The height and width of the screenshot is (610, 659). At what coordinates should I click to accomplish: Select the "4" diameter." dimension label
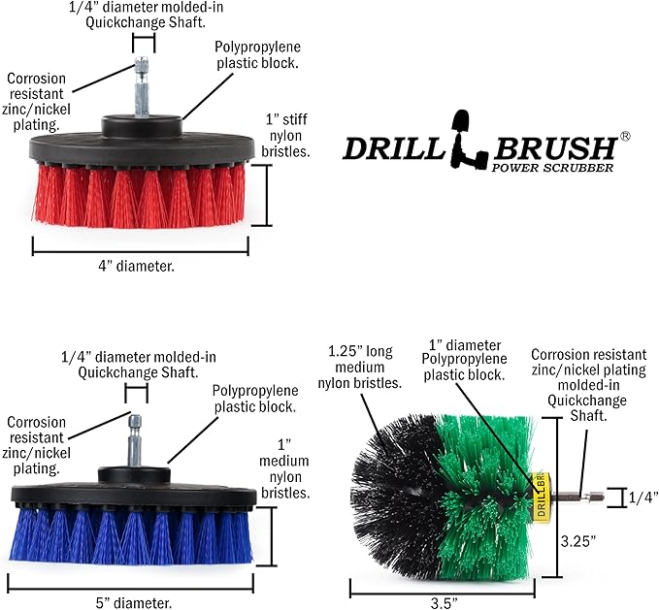(139, 267)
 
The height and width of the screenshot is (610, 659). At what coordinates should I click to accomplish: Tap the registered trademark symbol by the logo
(625, 138)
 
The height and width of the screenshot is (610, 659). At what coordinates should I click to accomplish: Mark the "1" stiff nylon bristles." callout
(287, 135)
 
